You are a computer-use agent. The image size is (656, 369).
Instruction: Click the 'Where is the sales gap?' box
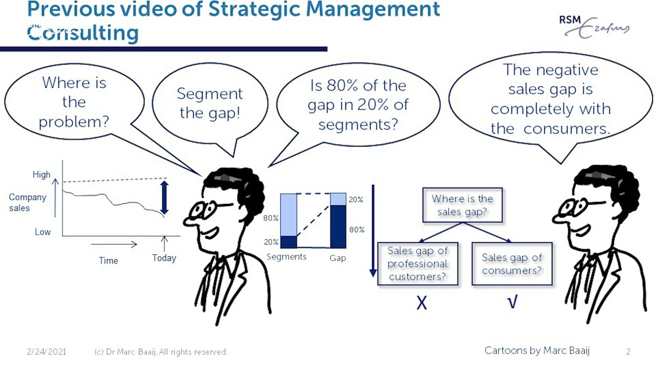[462, 205]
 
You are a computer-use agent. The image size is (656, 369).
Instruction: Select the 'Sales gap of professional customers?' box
[418, 264]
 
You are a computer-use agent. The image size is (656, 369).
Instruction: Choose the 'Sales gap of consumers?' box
[512, 264]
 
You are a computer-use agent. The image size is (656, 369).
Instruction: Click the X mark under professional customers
[421, 303]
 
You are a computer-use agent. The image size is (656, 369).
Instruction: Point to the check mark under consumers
[512, 302]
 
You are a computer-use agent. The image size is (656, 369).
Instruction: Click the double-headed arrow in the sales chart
[164, 197]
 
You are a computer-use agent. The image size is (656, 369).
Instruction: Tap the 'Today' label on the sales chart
[164, 258]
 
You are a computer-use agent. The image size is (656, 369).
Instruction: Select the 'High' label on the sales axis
[42, 174]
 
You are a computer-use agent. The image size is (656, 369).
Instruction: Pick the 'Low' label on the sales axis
[43, 232]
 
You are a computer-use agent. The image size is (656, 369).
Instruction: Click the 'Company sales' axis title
[27, 202]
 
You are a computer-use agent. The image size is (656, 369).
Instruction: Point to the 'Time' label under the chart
[108, 260]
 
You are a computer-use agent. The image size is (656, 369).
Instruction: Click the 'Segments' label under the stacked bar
[286, 257]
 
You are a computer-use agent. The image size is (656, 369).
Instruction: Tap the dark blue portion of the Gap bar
[338, 226]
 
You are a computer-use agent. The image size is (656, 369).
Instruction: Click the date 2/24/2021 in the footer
[46, 352]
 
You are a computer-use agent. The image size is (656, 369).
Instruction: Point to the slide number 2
[628, 352]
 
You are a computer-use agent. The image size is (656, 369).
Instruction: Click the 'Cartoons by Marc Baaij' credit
[537, 351]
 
